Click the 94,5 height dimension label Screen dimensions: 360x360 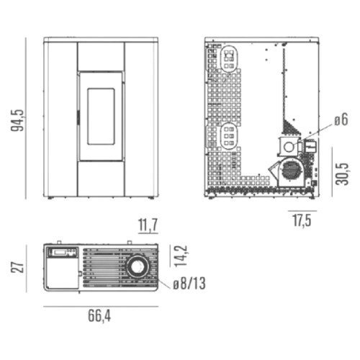[x=18, y=120]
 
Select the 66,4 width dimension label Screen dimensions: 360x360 [x=99, y=316]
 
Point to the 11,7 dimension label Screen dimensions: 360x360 [x=148, y=225]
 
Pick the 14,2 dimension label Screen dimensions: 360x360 [x=181, y=256]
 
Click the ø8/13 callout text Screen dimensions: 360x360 [x=189, y=284]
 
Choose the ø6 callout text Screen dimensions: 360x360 [x=341, y=120]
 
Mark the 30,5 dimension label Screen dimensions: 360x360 [x=342, y=174]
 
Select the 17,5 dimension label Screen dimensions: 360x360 [x=302, y=220]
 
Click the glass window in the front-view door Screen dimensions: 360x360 [x=101, y=117]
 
